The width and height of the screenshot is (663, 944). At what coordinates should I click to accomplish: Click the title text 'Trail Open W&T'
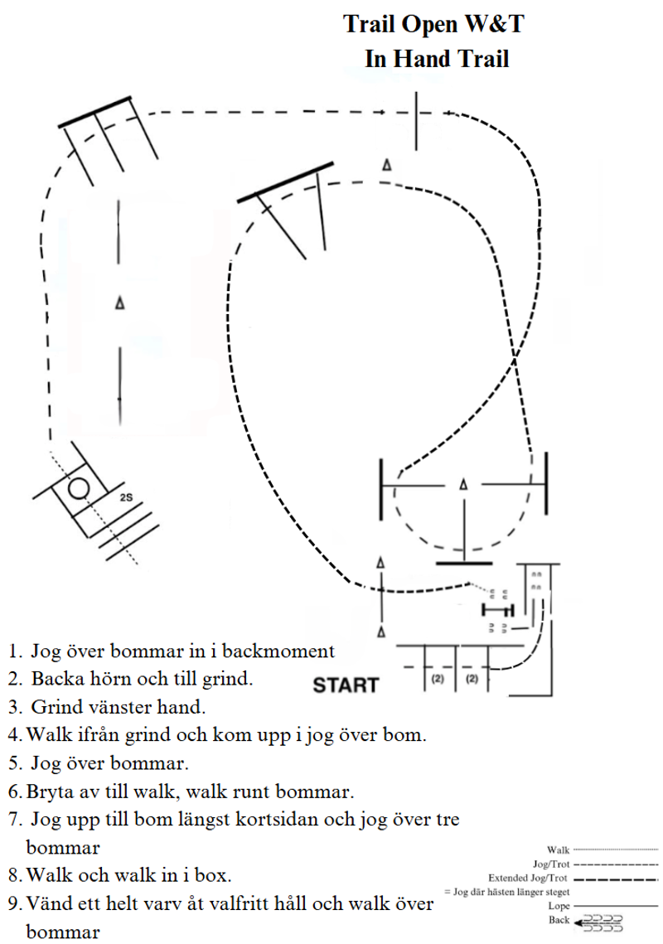(434, 25)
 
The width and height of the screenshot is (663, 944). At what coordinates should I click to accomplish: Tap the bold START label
(346, 685)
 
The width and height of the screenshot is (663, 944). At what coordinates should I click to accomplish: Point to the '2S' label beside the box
(126, 498)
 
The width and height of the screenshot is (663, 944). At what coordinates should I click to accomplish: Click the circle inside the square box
(79, 488)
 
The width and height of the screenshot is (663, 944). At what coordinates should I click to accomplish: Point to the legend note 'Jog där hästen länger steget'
(508, 891)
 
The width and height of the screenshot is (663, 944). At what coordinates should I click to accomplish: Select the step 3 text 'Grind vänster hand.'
(118, 708)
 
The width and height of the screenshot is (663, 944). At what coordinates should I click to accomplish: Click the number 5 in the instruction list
(15, 762)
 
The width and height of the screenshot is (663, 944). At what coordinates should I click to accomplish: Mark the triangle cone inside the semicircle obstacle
(464, 484)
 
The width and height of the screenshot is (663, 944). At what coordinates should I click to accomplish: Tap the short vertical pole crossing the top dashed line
(418, 122)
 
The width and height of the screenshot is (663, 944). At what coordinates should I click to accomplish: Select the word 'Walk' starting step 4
(48, 734)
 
